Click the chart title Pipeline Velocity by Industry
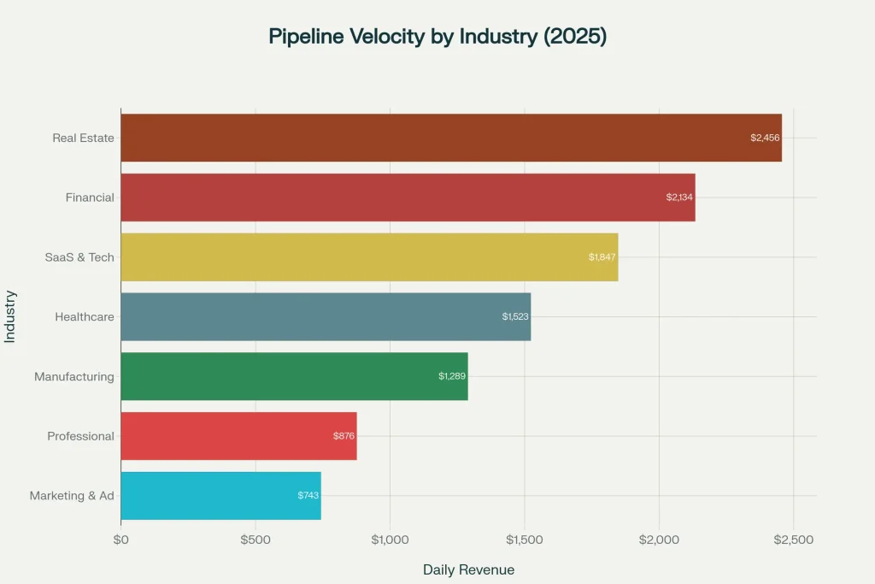[x=437, y=37]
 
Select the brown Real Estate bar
[x=450, y=138]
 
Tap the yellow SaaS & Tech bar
[x=368, y=257]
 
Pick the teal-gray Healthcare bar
[x=325, y=317]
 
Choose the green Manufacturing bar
[x=293, y=376]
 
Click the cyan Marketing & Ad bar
[x=220, y=496]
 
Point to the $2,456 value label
[x=765, y=138]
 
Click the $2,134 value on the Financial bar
[x=679, y=198]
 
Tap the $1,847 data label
[x=602, y=257]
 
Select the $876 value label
[x=344, y=436]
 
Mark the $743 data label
[x=308, y=496]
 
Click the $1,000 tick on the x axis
[x=390, y=540]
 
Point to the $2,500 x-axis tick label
[x=793, y=540]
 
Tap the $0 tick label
[x=120, y=540]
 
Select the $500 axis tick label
[x=255, y=540]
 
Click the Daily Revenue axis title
[x=468, y=569]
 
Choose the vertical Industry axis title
[x=10, y=316]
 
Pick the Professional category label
[x=80, y=436]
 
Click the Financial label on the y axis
[x=90, y=198]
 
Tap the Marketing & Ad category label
[x=72, y=496]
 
